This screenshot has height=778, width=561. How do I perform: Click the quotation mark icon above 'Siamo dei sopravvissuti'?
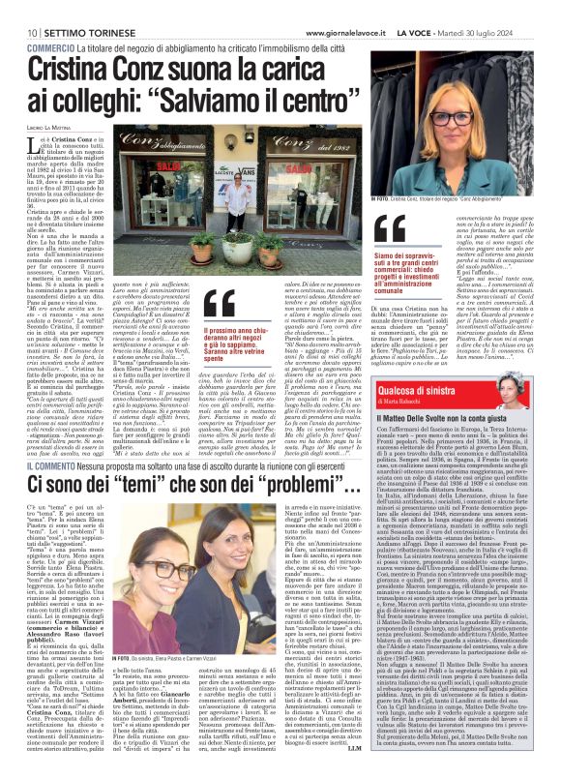pos(390,229)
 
